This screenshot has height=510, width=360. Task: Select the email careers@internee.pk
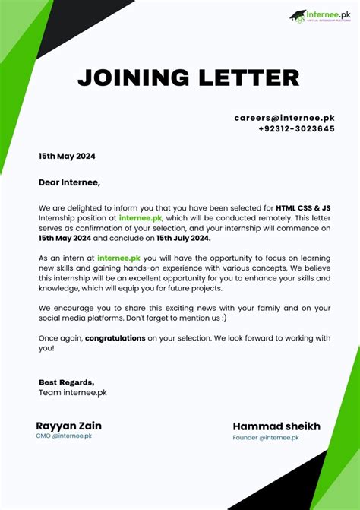click(284, 118)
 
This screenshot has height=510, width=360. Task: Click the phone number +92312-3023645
click(295, 129)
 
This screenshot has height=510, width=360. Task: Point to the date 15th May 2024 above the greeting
click(68, 157)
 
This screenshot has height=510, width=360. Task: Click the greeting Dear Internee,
click(69, 182)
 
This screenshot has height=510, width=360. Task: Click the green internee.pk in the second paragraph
click(118, 258)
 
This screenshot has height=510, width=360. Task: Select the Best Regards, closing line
click(67, 382)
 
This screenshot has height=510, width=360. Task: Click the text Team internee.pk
click(73, 392)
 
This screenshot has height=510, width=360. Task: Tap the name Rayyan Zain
click(68, 426)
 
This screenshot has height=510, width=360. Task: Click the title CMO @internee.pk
click(64, 436)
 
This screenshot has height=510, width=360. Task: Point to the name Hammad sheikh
click(276, 426)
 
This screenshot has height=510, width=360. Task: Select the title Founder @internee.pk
click(266, 438)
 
